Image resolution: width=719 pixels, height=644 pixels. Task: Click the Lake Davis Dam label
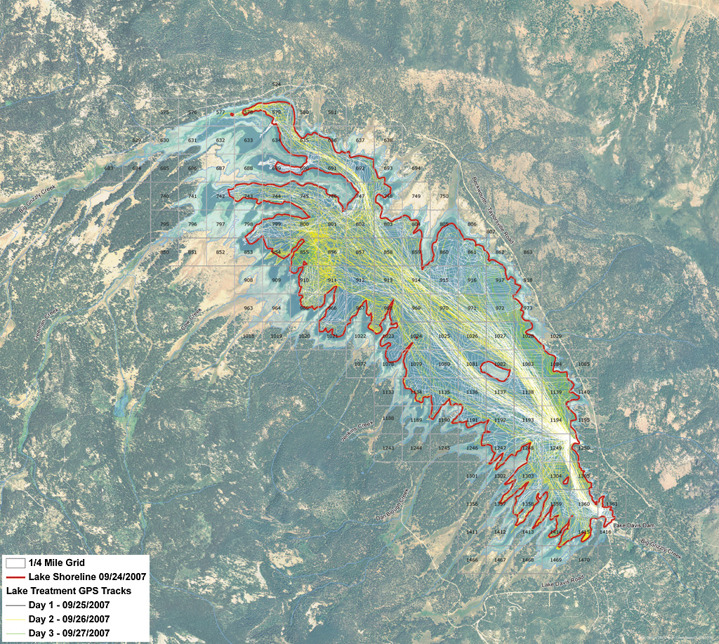tap(633, 525)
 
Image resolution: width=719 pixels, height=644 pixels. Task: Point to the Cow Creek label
tap(191, 320)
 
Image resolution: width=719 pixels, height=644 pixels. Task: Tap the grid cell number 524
tap(276, 84)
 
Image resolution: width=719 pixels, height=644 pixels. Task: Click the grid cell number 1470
tap(584, 560)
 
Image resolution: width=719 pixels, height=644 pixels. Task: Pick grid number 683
tap(108, 168)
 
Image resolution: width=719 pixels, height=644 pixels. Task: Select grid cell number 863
tap(528, 252)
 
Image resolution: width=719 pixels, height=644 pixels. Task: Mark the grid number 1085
tap(584, 364)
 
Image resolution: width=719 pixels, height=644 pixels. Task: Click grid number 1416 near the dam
tap(605, 532)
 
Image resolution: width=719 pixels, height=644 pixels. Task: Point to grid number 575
tap(164, 112)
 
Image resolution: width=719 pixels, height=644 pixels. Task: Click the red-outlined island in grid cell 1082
tap(500, 365)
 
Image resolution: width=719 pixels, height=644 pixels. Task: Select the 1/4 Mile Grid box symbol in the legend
tap(15, 563)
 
